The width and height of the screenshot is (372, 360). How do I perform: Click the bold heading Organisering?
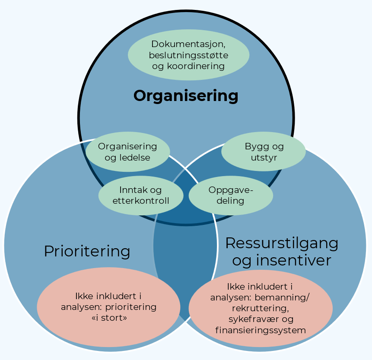pyautogui.click(x=186, y=96)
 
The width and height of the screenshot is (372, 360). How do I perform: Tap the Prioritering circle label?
pyautogui.click(x=87, y=251)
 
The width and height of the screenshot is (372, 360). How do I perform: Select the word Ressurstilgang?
pyautogui.click(x=281, y=243)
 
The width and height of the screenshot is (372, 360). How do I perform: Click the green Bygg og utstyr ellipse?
pyautogui.click(x=264, y=152)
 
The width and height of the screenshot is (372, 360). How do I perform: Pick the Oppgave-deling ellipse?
pyautogui.click(x=231, y=195)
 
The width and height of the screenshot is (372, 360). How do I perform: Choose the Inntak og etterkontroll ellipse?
pyautogui.click(x=141, y=195)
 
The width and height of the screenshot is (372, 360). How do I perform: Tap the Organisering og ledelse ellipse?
pyautogui.click(x=127, y=152)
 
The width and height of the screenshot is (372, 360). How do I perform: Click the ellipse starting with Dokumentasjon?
pyautogui.click(x=188, y=55)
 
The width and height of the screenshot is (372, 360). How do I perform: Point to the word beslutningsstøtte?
pyautogui.click(x=188, y=55)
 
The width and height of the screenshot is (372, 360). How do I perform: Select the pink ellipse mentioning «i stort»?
pyautogui.click(x=108, y=307)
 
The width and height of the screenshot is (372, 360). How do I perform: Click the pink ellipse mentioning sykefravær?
pyautogui.click(x=261, y=308)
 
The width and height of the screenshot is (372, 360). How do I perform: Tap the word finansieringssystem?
pyautogui.click(x=261, y=330)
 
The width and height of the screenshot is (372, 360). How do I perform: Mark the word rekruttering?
pyautogui.click(x=260, y=308)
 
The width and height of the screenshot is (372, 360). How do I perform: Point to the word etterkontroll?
pyautogui.click(x=141, y=201)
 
